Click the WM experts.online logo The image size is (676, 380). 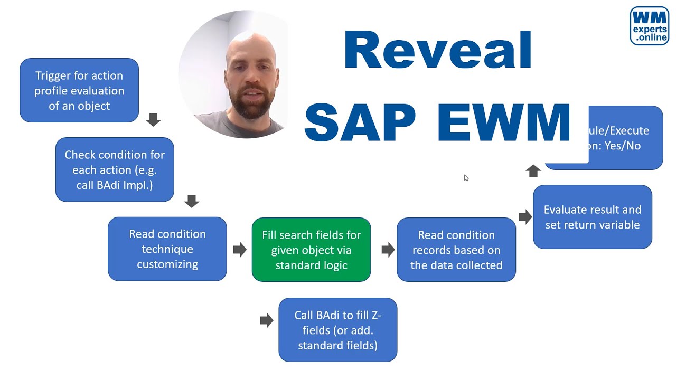pos(649,26)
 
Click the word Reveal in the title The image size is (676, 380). pos(437,51)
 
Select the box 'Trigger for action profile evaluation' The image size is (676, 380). pos(79,90)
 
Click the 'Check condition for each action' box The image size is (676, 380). pos(115,169)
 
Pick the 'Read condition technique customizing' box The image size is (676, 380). pos(167,249)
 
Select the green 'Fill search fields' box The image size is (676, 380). pos(312,250)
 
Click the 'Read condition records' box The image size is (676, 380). pos(456,250)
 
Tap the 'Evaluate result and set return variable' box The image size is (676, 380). pos(593,217)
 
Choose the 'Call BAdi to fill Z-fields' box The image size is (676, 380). pos(338,330)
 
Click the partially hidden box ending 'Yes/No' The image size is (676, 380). pos(626,138)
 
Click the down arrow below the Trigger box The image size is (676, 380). pos(153,120)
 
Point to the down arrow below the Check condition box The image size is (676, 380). pos(192,201)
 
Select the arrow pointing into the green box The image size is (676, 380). pos(240,250)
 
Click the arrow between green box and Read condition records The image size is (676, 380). pos(388,250)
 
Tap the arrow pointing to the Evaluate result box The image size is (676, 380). pos(525,216)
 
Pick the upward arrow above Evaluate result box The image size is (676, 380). pos(533,171)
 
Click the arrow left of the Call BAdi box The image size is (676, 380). pos(267,320)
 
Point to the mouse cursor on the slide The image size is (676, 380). pos(466,178)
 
